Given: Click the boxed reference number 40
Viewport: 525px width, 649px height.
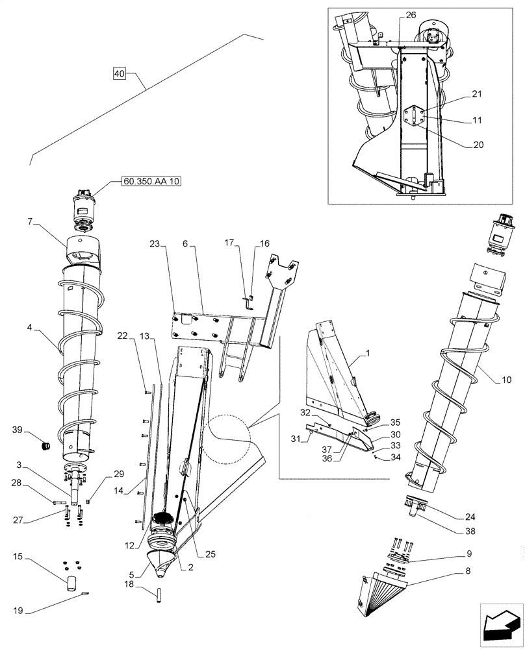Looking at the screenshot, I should (x=119, y=73).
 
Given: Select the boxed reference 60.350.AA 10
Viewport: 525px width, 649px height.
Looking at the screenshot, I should (x=150, y=181).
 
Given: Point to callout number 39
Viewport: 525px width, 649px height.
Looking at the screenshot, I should (x=18, y=430).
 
